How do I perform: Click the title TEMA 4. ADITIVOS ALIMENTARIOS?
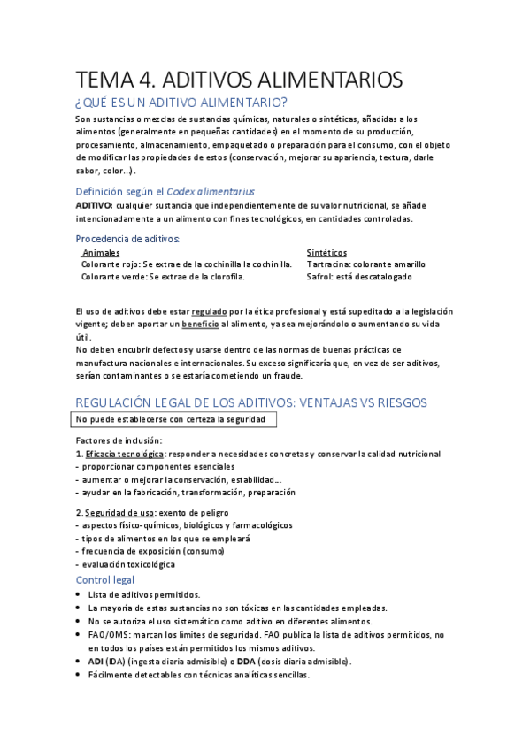239,80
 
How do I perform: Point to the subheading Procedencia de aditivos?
128,239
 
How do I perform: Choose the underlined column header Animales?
101,253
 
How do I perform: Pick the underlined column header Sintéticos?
326,253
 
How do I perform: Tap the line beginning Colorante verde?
164,277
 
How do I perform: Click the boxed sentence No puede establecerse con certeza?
176,419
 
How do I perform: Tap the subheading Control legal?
105,579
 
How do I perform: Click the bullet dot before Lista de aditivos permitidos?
80,595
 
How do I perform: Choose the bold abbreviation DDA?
254,662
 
